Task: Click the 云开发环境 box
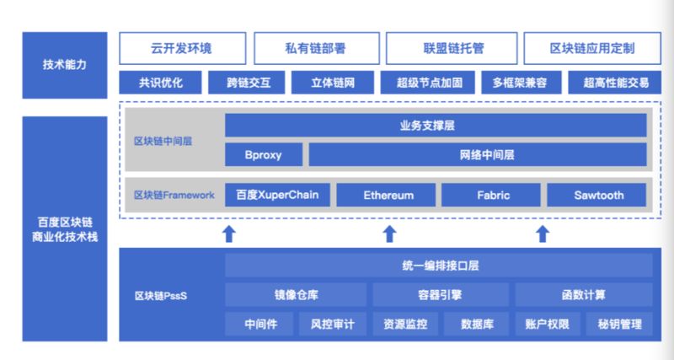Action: pos(182,48)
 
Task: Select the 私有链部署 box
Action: pos(317,48)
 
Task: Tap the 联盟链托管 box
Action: pos(452,48)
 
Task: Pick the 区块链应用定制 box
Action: pos(592,48)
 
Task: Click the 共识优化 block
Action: pos(160,83)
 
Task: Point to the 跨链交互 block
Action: pos(246,83)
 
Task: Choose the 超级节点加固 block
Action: pos(428,83)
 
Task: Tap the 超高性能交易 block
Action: pos(615,83)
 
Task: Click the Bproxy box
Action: pos(264,155)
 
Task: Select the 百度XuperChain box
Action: pos(277,195)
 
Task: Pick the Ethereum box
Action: pos(386,195)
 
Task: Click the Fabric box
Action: pos(491,195)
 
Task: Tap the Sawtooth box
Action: pos(596,195)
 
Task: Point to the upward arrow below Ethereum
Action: pos(389,234)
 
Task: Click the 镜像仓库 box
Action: pos(296,294)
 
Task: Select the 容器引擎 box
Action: pos(441,294)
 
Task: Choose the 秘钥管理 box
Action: pos(619,324)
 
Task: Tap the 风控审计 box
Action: pos(333,324)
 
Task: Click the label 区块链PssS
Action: pos(161,296)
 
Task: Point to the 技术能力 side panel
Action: pos(65,65)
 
